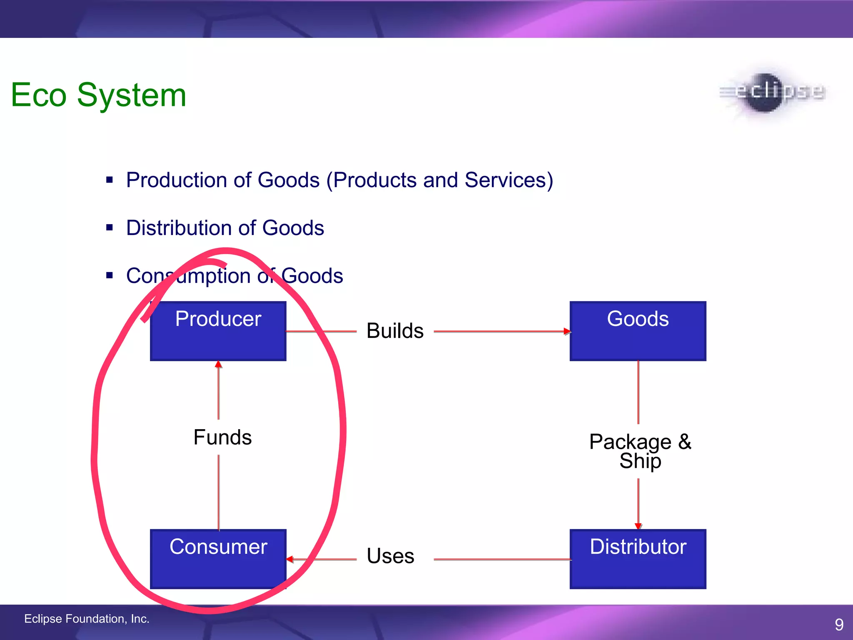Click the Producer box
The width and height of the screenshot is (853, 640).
[218, 331]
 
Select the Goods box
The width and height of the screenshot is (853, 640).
[638, 331]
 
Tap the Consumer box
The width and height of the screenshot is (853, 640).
[218, 559]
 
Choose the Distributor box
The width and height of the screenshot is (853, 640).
[638, 559]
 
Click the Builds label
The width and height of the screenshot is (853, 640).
[395, 331]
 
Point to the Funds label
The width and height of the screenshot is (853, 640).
[222, 437]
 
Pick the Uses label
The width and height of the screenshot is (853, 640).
[390, 556]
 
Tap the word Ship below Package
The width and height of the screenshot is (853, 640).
[640, 461]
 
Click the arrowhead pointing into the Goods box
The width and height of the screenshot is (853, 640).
[567, 331]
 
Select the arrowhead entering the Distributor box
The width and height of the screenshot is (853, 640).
[638, 526]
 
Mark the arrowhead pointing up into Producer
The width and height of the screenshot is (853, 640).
[218, 365]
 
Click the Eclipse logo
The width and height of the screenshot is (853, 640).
[772, 92]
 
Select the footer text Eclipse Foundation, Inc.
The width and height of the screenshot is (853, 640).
[87, 619]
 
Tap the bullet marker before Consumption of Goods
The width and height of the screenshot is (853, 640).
[110, 275]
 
